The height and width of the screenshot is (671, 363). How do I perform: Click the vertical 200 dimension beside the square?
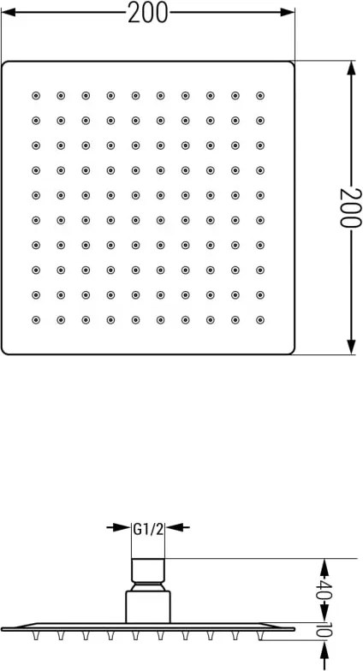(x=348, y=207)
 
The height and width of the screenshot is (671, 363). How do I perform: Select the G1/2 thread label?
(x=148, y=529)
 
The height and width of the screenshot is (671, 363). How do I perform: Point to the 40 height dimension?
(x=324, y=591)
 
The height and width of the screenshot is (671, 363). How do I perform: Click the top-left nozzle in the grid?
(x=36, y=96)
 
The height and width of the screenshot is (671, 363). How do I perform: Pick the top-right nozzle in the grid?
(x=260, y=96)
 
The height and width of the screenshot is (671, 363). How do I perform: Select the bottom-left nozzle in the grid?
(x=36, y=320)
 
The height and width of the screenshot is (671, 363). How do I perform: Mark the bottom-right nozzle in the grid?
(x=260, y=320)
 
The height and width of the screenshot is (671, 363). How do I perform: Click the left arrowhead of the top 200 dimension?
(x=9, y=12)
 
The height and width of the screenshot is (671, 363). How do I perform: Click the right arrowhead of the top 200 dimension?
(x=288, y=12)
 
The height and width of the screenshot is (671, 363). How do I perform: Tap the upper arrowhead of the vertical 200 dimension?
(x=351, y=68)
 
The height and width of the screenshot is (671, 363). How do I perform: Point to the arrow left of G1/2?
(x=118, y=527)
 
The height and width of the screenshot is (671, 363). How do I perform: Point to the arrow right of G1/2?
(x=178, y=527)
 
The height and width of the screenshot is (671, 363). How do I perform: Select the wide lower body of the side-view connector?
(x=148, y=607)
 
